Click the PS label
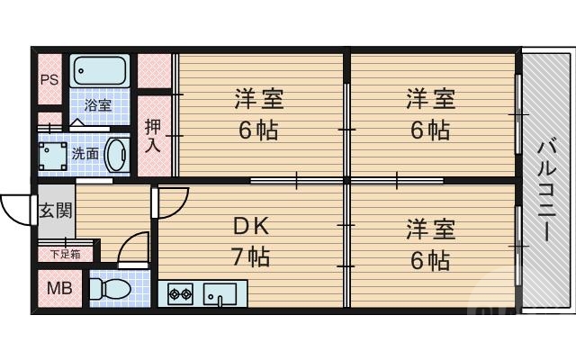(48, 78)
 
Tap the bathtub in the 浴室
(100, 69)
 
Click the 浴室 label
(98, 106)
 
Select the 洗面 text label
(85, 153)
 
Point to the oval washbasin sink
(117, 154)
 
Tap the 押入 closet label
(153, 135)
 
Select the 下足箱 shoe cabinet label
(64, 254)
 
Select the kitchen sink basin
(220, 294)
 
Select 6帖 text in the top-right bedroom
(430, 130)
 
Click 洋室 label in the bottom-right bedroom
(430, 228)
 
